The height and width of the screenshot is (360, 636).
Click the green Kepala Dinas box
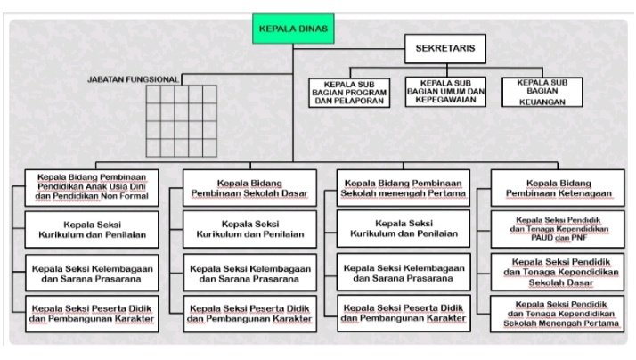[293, 29]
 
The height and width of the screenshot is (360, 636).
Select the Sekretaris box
[446, 50]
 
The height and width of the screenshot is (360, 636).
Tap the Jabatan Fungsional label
[134, 79]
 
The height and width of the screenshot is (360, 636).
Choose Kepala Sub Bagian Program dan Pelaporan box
[349, 92]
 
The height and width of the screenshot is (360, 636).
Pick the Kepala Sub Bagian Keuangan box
[542, 92]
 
